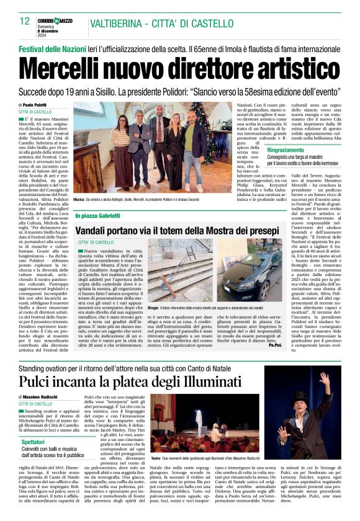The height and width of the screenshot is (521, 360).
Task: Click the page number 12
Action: click(25, 22)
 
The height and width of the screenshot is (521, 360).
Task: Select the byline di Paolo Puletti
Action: click(35, 105)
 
